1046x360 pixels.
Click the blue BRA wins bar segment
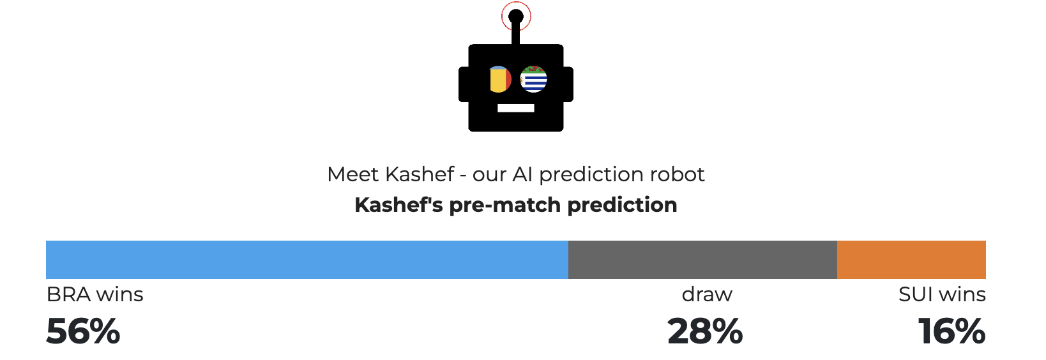click(307, 260)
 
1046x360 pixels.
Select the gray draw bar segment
click(703, 260)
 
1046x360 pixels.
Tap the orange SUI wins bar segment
click(911, 260)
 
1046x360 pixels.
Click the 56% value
click(83, 331)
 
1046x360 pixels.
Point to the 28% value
click(705, 331)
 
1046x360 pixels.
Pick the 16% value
click(951, 331)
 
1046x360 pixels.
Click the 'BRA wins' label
click(95, 295)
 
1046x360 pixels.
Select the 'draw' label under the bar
click(707, 295)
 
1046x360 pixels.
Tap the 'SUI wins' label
click(942, 295)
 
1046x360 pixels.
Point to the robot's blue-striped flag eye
click(533, 79)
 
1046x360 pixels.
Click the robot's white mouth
click(516, 109)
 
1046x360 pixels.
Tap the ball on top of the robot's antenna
click(516, 17)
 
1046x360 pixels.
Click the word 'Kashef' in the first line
click(420, 175)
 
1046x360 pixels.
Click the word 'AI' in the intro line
click(522, 175)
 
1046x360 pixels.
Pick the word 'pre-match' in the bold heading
click(504, 205)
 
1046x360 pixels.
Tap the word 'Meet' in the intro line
click(353, 175)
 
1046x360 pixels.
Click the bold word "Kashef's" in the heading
click(398, 204)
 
